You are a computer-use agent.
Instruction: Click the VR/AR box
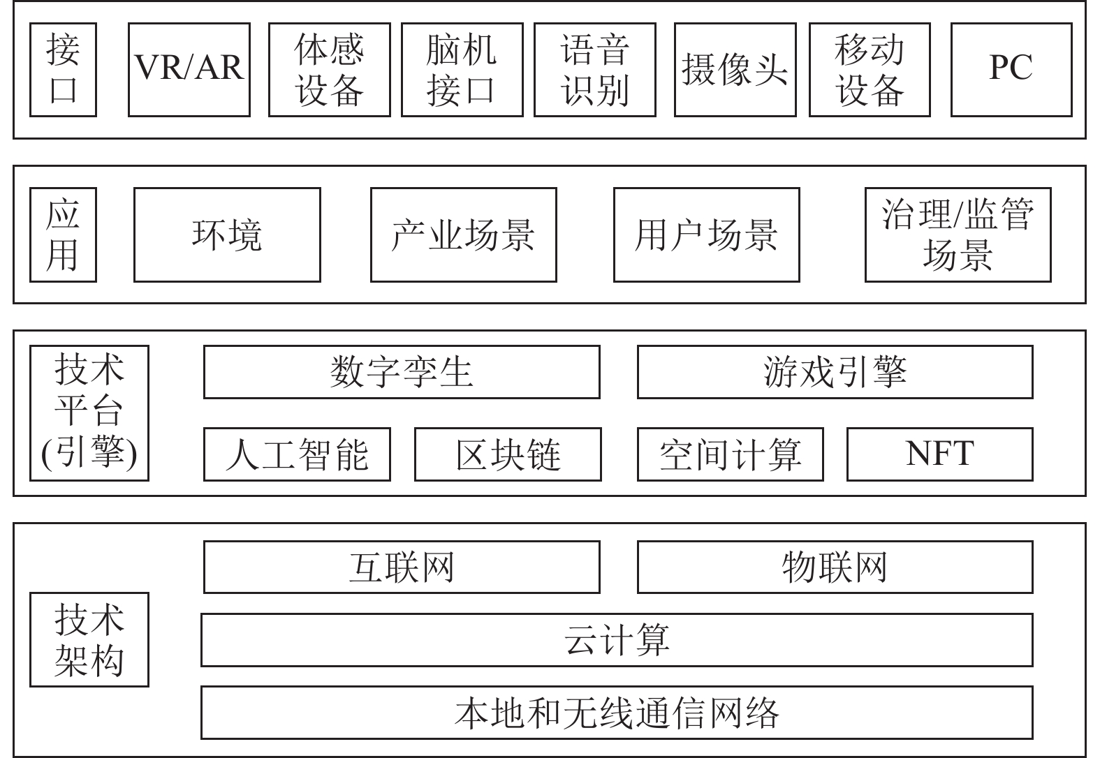tap(189, 70)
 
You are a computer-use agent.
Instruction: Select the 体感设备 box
tap(330, 70)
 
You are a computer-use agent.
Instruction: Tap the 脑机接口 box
tap(462, 70)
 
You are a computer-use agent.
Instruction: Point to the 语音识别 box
tap(594, 70)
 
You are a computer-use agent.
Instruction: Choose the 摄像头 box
tap(735, 70)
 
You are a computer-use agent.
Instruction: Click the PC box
tap(1011, 70)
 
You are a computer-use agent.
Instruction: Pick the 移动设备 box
tap(870, 70)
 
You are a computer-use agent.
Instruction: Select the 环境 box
tap(228, 235)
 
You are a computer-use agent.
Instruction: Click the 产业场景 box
tap(464, 235)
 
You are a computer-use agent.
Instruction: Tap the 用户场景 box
tap(707, 235)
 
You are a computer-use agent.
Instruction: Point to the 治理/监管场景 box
tap(958, 235)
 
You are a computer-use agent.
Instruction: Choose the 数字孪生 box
tap(402, 372)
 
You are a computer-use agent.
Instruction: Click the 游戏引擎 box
tap(835, 372)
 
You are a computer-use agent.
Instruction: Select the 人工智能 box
tap(297, 454)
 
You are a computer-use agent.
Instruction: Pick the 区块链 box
tap(508, 454)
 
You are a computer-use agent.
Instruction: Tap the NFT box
tap(940, 454)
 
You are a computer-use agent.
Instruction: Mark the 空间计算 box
tap(731, 454)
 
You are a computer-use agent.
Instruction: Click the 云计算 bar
tap(617, 640)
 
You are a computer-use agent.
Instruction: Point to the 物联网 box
tap(835, 567)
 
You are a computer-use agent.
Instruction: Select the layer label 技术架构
tap(89, 640)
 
